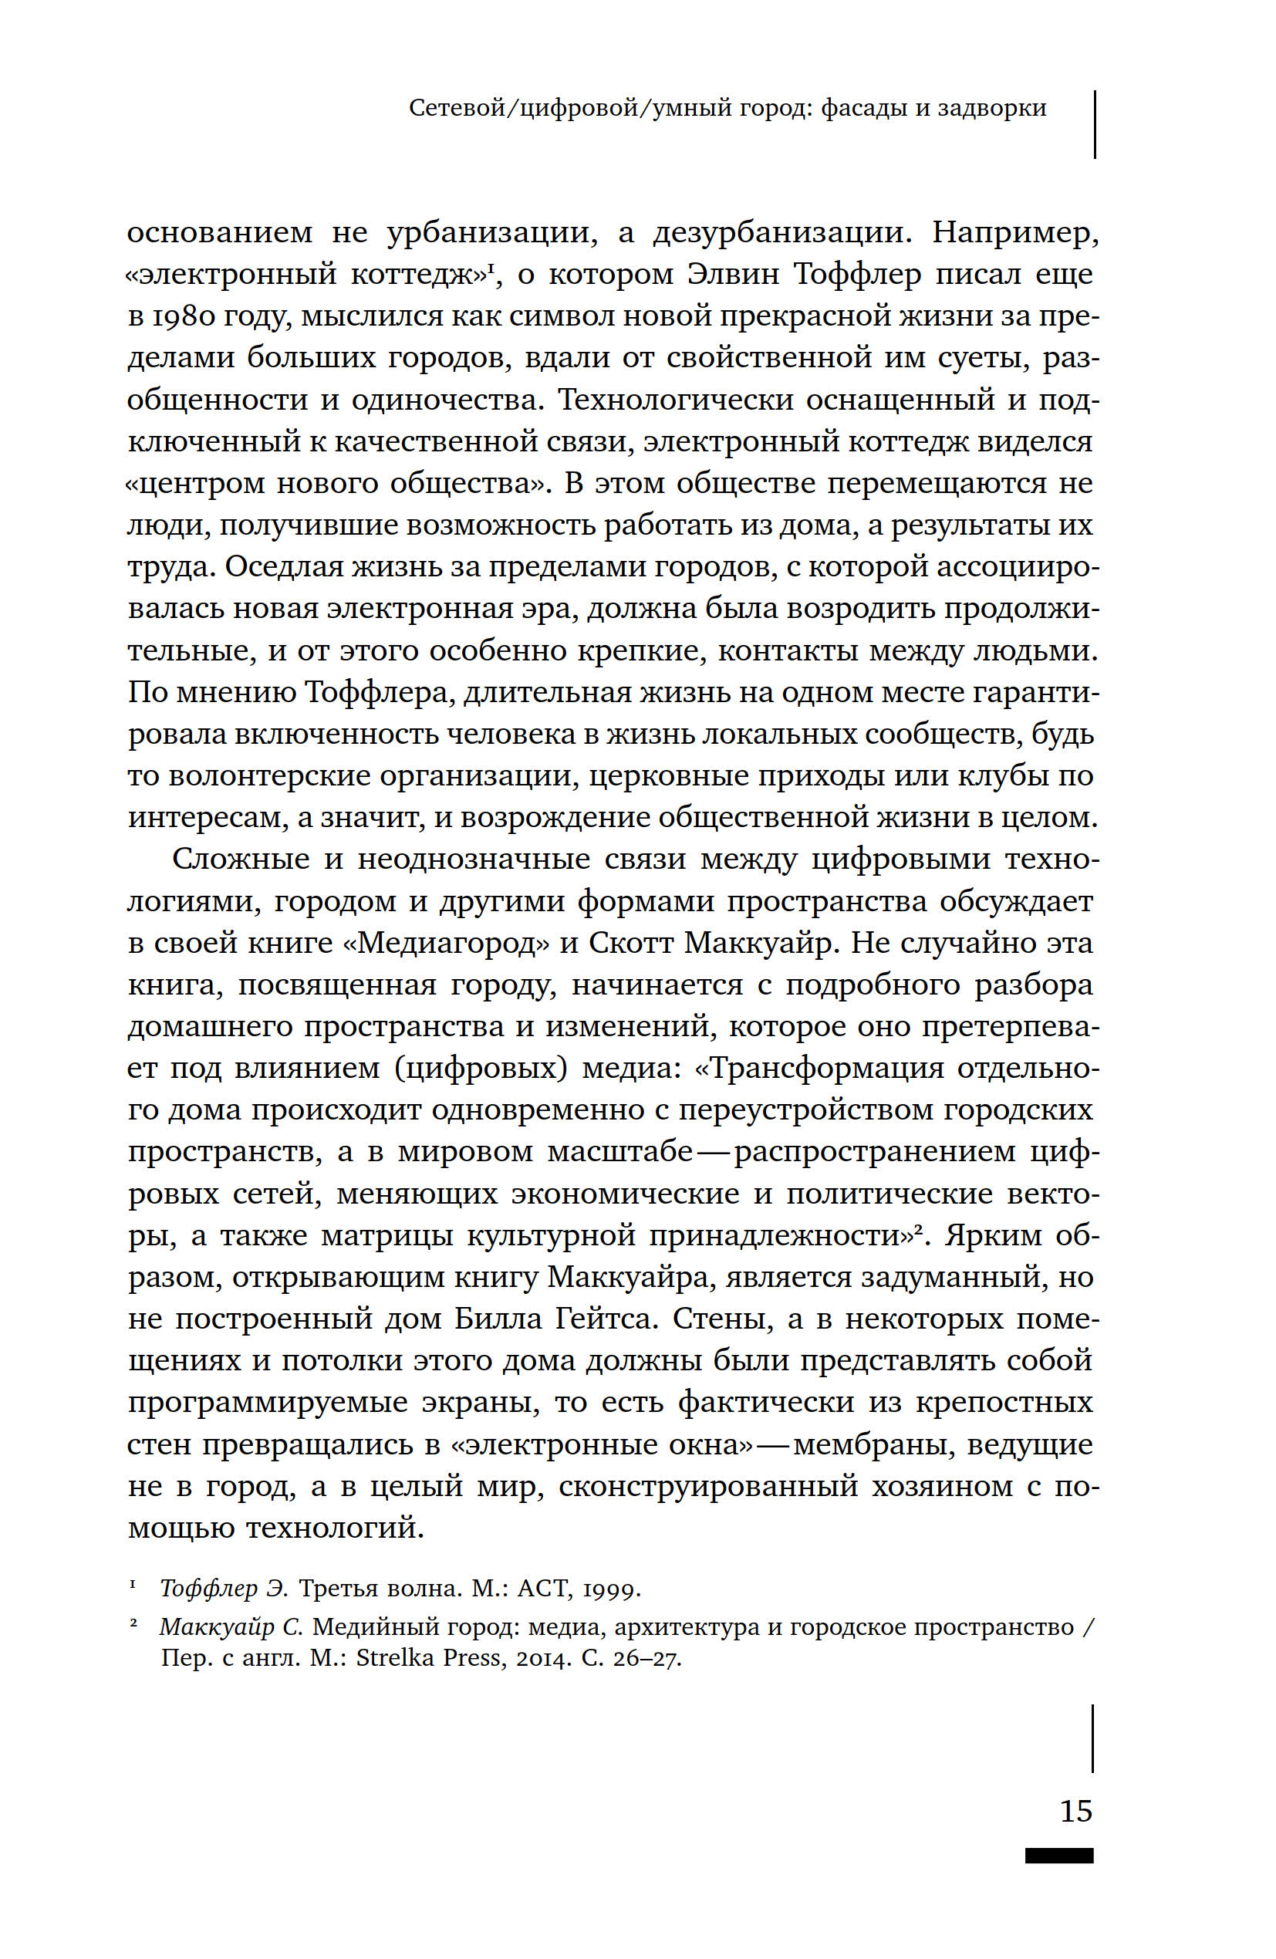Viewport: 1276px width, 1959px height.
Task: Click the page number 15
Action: tap(1075, 1811)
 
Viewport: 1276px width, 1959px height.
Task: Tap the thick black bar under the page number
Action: tap(1058, 1856)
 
